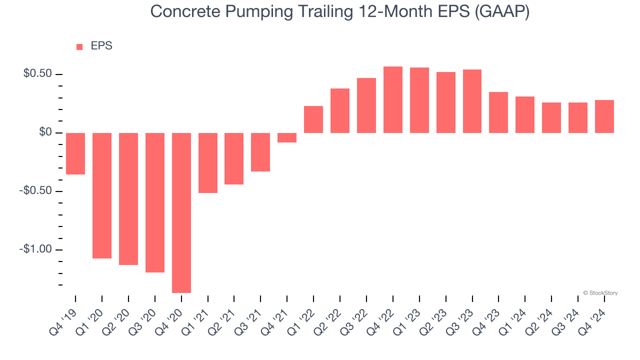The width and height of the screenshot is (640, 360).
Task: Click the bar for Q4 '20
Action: [181, 212]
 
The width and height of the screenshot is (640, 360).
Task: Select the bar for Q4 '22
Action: [393, 99]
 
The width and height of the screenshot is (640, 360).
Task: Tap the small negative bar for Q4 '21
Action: [287, 137]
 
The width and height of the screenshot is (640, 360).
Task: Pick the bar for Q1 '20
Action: [102, 195]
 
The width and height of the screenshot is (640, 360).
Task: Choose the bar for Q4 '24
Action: [604, 116]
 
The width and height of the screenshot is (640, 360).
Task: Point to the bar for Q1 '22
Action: [313, 119]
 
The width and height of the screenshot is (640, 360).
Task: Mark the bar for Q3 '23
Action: [472, 101]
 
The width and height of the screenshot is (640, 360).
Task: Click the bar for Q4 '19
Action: [75, 153]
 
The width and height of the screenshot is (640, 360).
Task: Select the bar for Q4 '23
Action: [498, 112]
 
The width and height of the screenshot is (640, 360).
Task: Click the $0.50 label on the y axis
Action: [37, 74]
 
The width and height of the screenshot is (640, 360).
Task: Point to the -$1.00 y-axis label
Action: [35, 249]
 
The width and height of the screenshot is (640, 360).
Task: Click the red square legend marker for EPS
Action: [79, 46]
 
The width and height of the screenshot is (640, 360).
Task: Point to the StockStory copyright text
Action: [600, 293]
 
